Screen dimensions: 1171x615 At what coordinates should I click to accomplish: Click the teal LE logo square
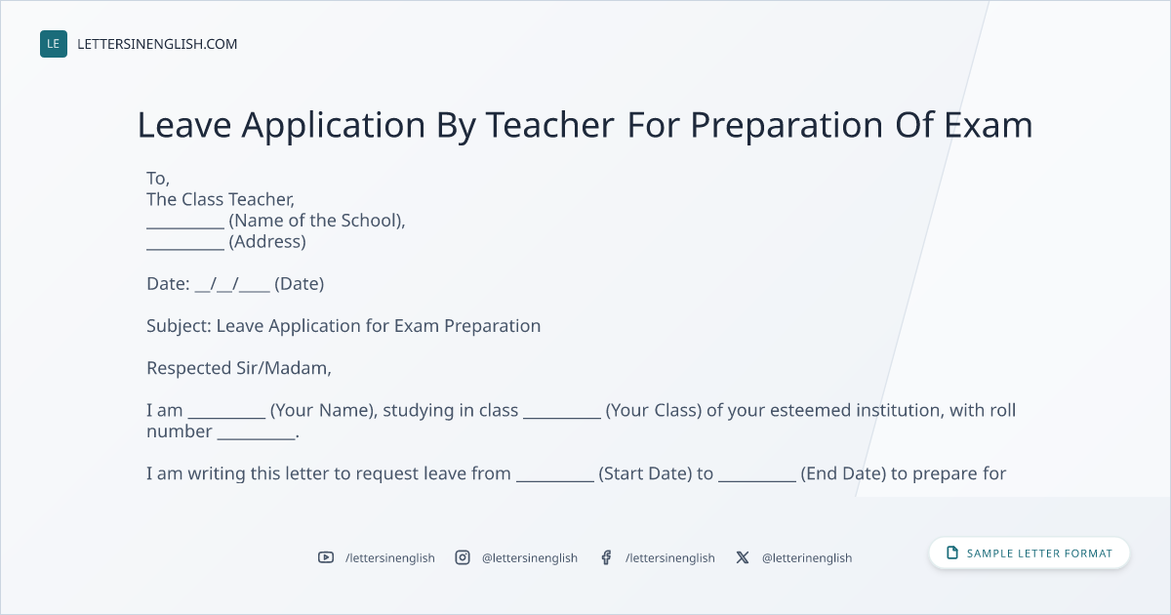tap(54, 44)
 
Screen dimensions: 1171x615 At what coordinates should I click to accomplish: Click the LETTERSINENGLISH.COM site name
tap(157, 44)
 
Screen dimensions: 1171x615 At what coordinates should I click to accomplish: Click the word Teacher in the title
tap(550, 125)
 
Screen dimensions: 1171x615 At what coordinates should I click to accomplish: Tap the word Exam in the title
tap(989, 125)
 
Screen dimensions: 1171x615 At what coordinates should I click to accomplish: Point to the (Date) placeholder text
tap(299, 284)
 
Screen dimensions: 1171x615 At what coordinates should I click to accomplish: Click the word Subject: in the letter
tap(179, 326)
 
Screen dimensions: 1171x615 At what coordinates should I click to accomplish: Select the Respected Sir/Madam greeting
tap(239, 368)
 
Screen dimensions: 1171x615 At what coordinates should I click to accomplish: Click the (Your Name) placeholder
tap(324, 411)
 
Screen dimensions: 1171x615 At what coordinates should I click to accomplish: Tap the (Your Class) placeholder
tap(654, 411)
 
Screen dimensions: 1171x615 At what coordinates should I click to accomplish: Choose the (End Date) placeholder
tap(843, 473)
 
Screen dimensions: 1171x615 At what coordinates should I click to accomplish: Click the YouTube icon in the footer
tap(326, 557)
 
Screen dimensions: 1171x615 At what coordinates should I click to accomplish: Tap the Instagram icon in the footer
tap(463, 557)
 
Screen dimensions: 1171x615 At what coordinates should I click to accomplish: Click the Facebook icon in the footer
tap(606, 557)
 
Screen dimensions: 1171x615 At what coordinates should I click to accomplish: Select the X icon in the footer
tap(743, 557)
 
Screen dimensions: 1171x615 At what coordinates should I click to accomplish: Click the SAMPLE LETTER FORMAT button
tap(1030, 553)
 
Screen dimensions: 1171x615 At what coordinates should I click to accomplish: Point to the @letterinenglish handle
tap(807, 558)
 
